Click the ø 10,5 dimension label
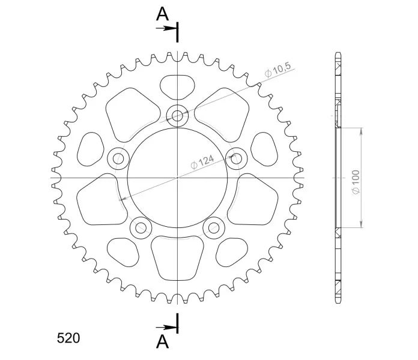coord(277,70)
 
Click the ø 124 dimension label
coord(202,162)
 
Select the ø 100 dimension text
coord(356,182)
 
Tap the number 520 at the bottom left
coord(68,338)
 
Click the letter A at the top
coord(162,14)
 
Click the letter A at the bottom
coord(162,341)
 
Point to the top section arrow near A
coord(166,28)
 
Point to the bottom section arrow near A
coord(166,327)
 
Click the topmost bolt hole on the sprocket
coord(177,116)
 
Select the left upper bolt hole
coord(118,159)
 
